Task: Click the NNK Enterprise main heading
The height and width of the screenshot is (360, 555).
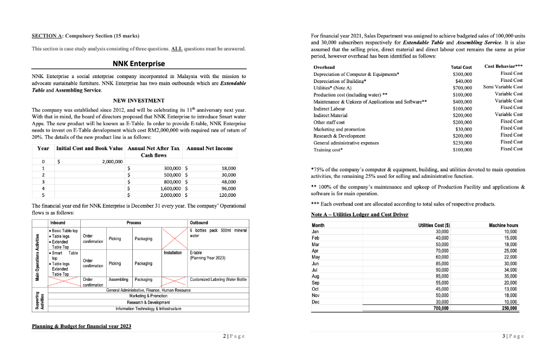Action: point(138,63)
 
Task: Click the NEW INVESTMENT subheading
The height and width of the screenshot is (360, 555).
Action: point(138,100)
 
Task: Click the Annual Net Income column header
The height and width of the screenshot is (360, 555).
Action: point(209,148)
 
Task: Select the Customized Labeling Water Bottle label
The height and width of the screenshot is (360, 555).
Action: point(218,279)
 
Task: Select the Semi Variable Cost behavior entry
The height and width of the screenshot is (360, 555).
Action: point(502,87)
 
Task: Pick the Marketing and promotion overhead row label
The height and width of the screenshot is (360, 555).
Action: point(339,129)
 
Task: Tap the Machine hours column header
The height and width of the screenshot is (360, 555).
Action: point(504,224)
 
